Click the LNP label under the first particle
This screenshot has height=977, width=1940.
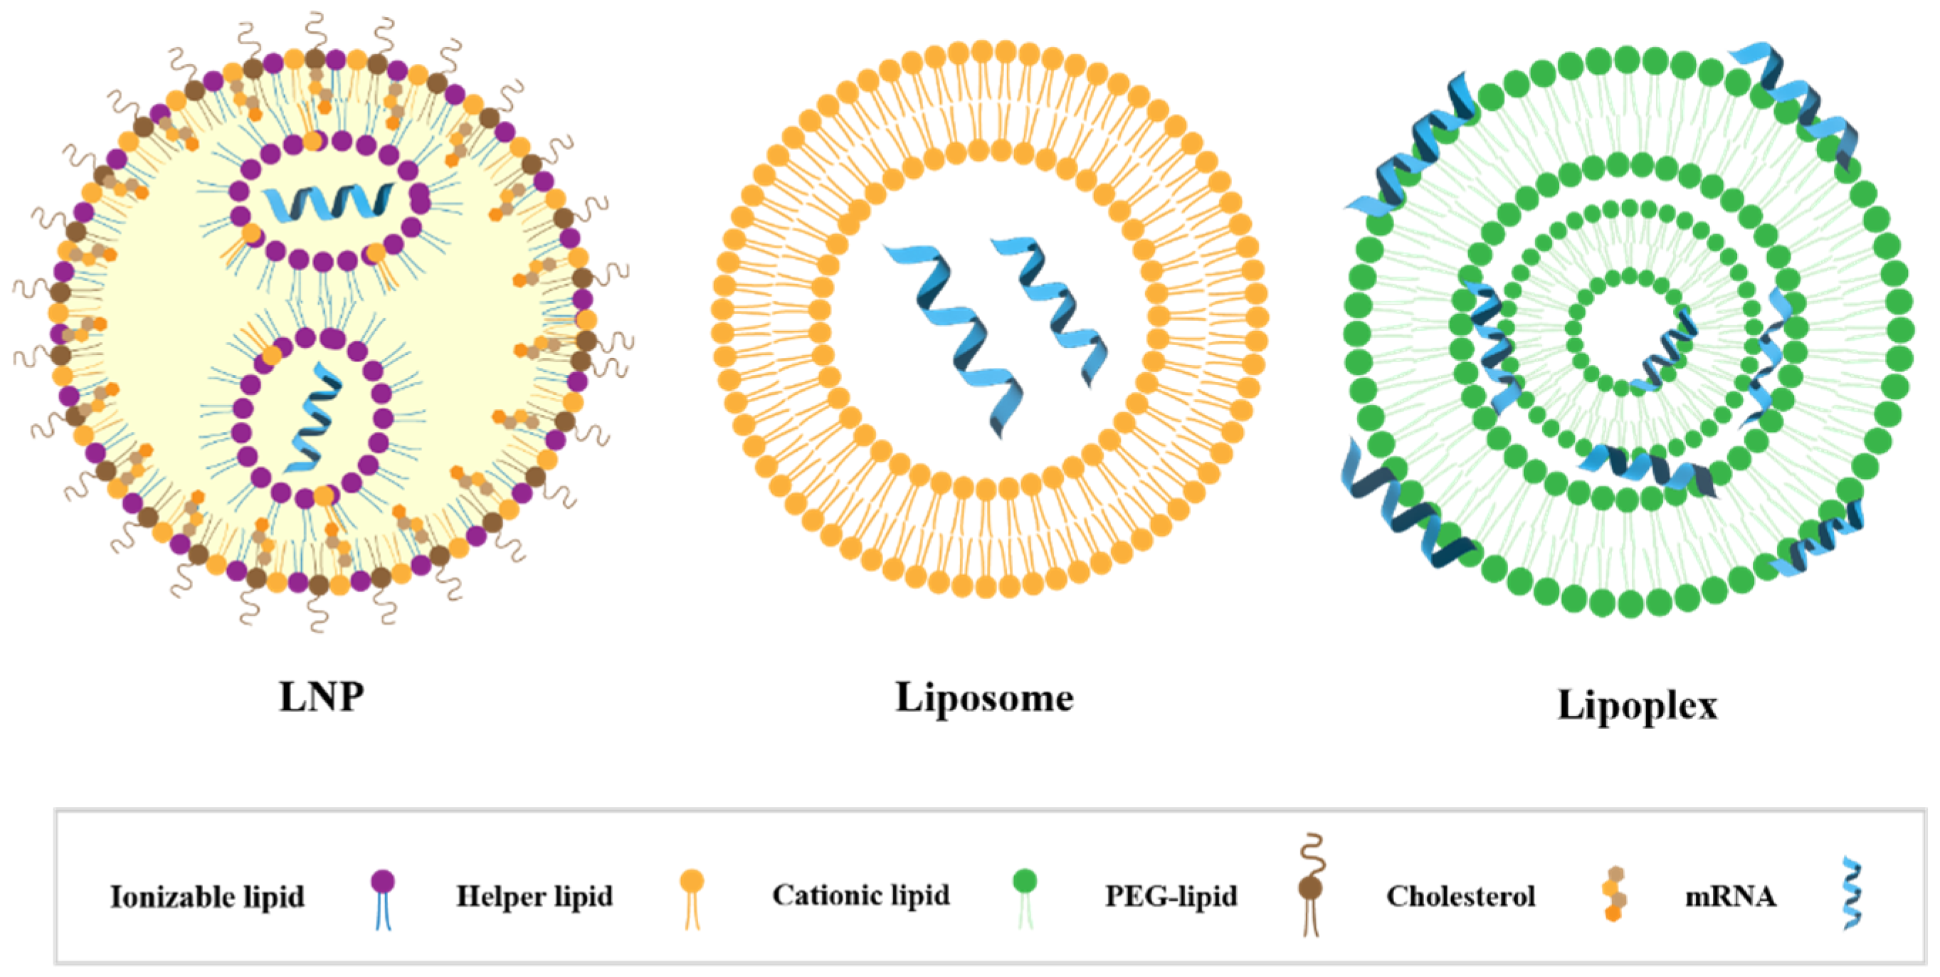(x=322, y=697)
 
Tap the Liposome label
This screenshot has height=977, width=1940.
(x=984, y=697)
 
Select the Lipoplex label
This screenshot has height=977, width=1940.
(x=1638, y=706)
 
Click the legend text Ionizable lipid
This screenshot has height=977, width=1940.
(x=207, y=897)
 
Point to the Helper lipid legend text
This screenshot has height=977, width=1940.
(x=534, y=897)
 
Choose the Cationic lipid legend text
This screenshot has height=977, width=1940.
(x=861, y=895)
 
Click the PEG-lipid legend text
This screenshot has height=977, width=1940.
(x=1170, y=897)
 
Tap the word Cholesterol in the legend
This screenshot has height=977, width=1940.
(x=1460, y=897)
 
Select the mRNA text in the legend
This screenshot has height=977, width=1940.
(x=1730, y=897)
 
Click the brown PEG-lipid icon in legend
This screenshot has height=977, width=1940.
(x=1311, y=885)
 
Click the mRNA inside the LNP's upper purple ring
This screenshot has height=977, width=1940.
(x=327, y=202)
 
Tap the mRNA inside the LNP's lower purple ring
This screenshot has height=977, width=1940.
(x=315, y=418)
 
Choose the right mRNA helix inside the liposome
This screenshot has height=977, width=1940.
(x=1050, y=309)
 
